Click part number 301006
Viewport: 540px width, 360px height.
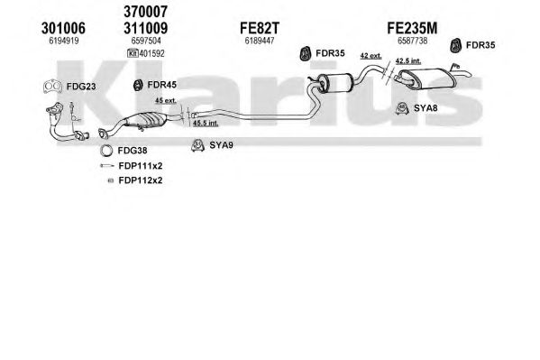63,28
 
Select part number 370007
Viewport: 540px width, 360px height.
146,12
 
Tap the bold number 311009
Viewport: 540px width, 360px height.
146,28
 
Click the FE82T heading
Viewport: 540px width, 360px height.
260,28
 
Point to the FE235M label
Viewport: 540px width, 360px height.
412,28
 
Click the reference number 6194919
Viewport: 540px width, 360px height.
64,41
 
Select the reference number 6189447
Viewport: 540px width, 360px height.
260,41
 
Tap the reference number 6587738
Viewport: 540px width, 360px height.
412,41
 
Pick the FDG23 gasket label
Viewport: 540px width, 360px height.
81,87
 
